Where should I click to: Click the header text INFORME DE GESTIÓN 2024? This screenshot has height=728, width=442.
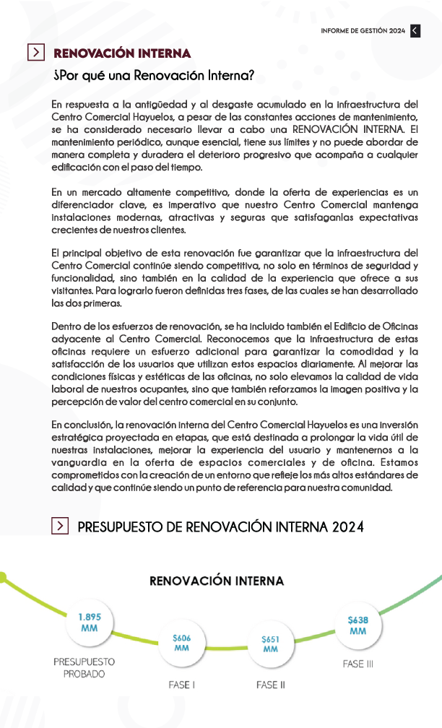(363, 30)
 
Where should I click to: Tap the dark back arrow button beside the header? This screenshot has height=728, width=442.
(415, 30)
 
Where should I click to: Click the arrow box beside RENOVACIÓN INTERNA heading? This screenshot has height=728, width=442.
(35, 53)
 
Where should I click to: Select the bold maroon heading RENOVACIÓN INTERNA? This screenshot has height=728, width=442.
(122, 53)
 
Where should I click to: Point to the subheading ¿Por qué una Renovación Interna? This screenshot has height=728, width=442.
(154, 75)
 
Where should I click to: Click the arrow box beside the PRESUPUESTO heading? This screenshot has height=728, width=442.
(61, 526)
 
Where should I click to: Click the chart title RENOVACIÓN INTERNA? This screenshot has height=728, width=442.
(217, 581)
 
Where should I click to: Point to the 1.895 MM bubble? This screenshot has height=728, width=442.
(90, 622)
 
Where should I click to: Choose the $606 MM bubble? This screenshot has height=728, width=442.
(182, 643)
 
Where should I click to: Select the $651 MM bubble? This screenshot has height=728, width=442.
(271, 643)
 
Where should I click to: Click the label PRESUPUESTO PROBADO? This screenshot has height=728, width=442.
(84, 667)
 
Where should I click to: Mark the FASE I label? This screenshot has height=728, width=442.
(181, 685)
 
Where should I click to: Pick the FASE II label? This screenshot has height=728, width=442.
(271, 685)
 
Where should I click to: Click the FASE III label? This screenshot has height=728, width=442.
(357, 664)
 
